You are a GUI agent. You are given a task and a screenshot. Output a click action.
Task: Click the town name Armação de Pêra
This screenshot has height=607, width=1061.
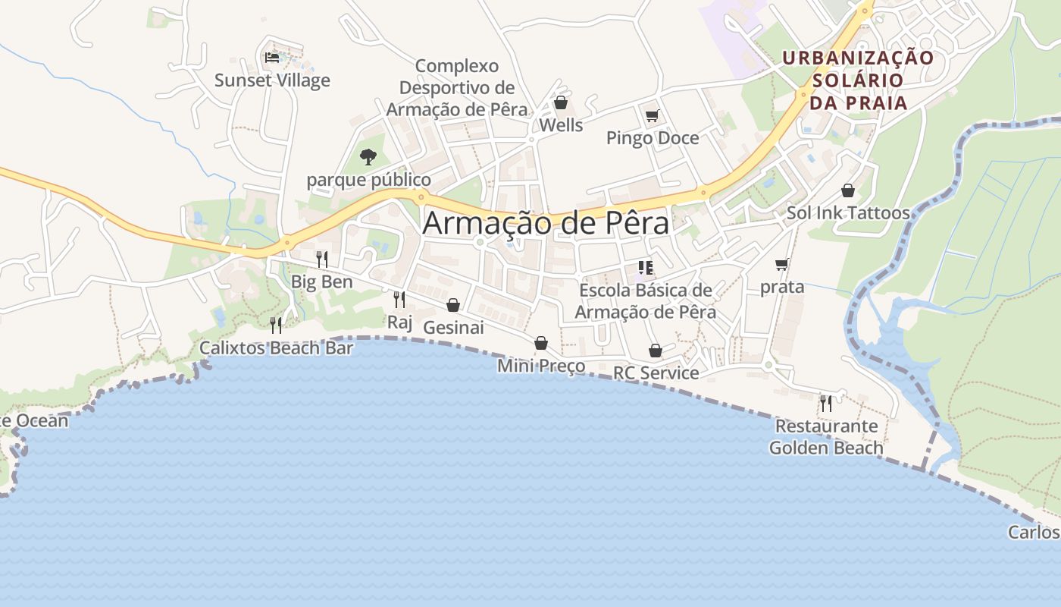tap(546, 223)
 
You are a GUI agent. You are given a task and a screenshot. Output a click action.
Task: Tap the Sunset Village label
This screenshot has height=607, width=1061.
tap(272, 80)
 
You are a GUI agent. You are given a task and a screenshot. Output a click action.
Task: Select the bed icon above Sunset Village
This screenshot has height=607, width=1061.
tap(272, 57)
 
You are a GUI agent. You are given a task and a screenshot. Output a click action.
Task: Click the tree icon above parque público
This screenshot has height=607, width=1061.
tap(368, 157)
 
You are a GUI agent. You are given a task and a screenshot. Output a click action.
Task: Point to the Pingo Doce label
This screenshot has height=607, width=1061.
tap(652, 138)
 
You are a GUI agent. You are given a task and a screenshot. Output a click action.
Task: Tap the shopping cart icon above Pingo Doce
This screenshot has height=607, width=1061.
tap(652, 116)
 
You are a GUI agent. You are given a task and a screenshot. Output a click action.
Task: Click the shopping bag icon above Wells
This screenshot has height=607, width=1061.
tap(561, 102)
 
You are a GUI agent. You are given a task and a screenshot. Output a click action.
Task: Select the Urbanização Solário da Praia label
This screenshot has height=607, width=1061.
tap(858, 80)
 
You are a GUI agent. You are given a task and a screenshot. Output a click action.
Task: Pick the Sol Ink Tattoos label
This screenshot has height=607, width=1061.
tap(847, 212)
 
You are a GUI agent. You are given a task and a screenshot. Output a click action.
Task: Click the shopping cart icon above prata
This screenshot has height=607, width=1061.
tap(781, 265)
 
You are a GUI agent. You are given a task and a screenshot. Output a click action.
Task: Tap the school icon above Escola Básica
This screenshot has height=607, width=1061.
tap(646, 267)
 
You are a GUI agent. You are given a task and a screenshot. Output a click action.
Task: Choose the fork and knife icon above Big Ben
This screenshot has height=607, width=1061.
tap(322, 259)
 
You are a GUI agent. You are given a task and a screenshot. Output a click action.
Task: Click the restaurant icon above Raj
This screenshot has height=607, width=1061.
tap(399, 300)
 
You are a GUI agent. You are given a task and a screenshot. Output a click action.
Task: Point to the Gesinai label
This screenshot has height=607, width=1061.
tap(453, 327)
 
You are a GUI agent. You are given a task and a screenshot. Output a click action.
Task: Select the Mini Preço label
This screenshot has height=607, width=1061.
tap(541, 366)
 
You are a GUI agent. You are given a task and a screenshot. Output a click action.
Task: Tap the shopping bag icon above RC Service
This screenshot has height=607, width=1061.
tap(656, 351)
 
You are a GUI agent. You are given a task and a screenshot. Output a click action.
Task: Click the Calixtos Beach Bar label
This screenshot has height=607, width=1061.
tap(276, 348)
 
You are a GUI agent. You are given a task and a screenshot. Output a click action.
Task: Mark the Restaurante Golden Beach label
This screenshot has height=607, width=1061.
tap(826, 437)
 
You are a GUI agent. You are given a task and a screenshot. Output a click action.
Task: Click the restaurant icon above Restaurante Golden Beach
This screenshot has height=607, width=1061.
tap(826, 403)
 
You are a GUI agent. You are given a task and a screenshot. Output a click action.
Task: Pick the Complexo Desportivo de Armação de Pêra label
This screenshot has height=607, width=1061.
tap(456, 87)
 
